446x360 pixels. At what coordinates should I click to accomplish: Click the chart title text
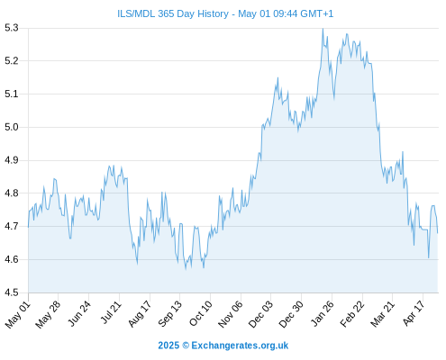pyautogui.click(x=225, y=13)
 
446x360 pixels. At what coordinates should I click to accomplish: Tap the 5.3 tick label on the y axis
pyautogui.click(x=12, y=28)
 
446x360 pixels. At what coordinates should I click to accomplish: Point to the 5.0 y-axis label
pyautogui.click(x=12, y=127)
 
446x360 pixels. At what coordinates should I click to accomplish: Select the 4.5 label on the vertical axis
pyautogui.click(x=12, y=292)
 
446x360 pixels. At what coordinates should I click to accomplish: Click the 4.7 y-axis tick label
pyautogui.click(x=12, y=226)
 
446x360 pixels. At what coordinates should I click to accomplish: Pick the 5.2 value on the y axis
pyautogui.click(x=12, y=61)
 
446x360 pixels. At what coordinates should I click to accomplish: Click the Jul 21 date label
pyautogui.click(x=111, y=312)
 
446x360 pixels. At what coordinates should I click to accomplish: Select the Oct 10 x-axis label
pyautogui.click(x=201, y=313)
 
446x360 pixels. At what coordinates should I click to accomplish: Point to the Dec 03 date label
pyautogui.click(x=260, y=314)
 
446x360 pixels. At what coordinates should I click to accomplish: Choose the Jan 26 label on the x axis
pyautogui.click(x=323, y=313)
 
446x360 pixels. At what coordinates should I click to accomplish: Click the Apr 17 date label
pyautogui.click(x=414, y=313)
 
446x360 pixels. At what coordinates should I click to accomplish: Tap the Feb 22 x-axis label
pyautogui.click(x=352, y=314)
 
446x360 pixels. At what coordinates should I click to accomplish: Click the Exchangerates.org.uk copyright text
pyautogui.click(x=223, y=346)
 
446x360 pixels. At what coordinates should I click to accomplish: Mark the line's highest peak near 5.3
pyautogui.click(x=323, y=29)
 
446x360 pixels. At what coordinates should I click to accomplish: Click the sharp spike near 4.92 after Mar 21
pyautogui.click(x=403, y=152)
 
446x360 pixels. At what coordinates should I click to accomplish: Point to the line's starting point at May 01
pyautogui.click(x=29, y=227)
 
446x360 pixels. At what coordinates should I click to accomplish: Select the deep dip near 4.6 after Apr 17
pyautogui.click(x=429, y=257)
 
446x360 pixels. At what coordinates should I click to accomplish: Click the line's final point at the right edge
pyautogui.click(x=438, y=233)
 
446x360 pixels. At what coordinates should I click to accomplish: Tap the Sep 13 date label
pyautogui.click(x=170, y=314)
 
